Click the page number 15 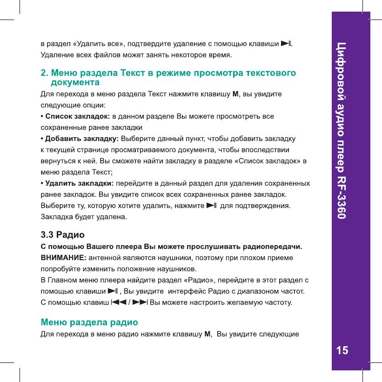point(342,350)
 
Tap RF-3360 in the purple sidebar point(342,198)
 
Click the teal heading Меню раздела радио point(89,322)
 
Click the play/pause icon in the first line point(287,44)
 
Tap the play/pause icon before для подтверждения point(212,205)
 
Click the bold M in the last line point(208,334)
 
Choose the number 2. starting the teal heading point(45,74)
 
